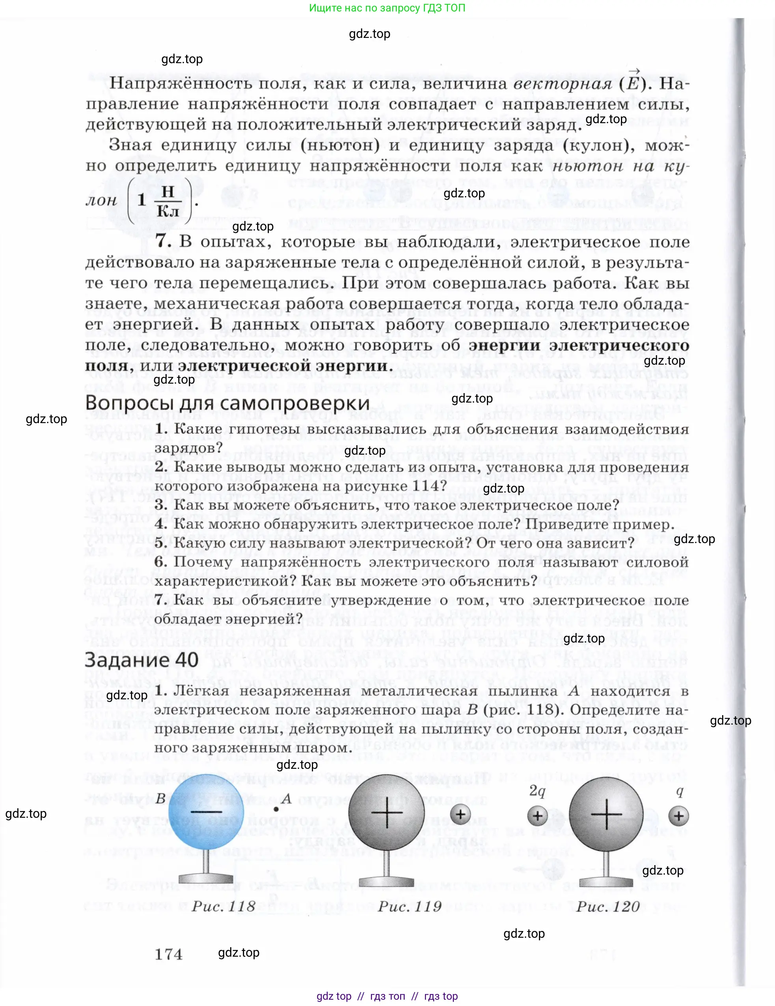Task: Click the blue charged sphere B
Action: click(206, 812)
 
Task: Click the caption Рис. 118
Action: click(223, 907)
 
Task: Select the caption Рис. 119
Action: click(410, 907)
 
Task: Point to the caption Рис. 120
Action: click(607, 907)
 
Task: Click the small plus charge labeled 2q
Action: click(537, 816)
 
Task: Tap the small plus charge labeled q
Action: click(678, 816)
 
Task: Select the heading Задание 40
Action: click(141, 660)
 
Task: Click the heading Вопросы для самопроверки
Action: click(227, 403)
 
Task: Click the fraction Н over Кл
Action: click(168, 201)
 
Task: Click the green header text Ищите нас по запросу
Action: click(387, 8)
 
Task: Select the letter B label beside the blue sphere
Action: click(160, 798)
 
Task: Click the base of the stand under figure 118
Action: click(206, 878)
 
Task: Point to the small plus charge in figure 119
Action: click(460, 814)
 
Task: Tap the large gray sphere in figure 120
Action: click(606, 814)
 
